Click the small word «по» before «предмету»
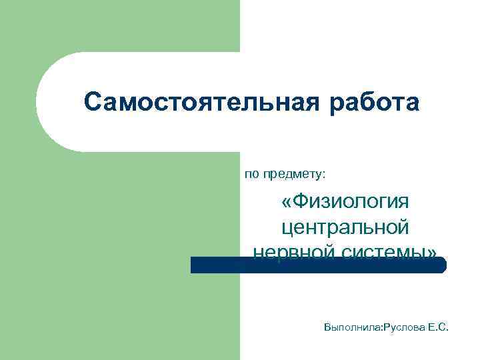point(251,174)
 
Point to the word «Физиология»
point(353,201)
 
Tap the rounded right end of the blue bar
point(441,265)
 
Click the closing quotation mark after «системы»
point(433,252)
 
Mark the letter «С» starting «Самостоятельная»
point(93,103)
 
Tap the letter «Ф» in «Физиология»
point(303,201)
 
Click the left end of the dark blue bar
point(194,265)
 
